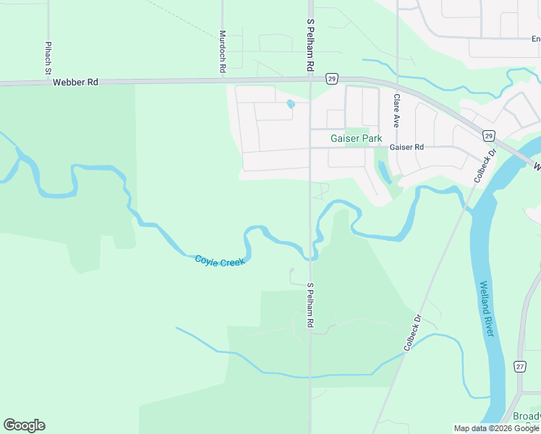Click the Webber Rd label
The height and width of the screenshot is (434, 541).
pyautogui.click(x=74, y=82)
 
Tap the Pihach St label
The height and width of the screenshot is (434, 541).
pyautogui.click(x=48, y=58)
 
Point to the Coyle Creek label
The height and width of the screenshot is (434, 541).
pyautogui.click(x=220, y=260)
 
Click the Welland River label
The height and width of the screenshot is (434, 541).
pyautogui.click(x=486, y=308)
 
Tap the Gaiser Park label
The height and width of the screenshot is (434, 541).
pyautogui.click(x=356, y=137)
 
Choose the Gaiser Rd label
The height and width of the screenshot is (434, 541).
pyautogui.click(x=406, y=147)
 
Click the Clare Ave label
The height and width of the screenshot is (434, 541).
pyautogui.click(x=396, y=111)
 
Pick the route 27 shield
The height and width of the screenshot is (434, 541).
pyautogui.click(x=519, y=367)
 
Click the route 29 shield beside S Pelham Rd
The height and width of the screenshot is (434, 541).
pyautogui.click(x=331, y=78)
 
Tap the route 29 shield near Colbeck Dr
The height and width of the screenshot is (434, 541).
pyautogui.click(x=488, y=136)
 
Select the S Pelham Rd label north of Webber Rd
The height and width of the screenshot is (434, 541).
pyautogui.click(x=310, y=44)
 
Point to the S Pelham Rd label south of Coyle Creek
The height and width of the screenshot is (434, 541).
pyautogui.click(x=310, y=306)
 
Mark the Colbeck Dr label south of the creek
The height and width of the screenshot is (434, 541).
pyautogui.click(x=413, y=333)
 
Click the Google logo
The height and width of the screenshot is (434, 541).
pyautogui.click(x=24, y=425)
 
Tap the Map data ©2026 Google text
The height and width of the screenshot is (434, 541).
pyautogui.click(x=496, y=428)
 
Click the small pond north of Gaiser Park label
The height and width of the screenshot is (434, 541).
pyautogui.click(x=291, y=104)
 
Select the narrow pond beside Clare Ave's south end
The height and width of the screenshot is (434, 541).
pyautogui.click(x=383, y=172)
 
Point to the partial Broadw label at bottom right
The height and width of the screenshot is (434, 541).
pyautogui.click(x=527, y=417)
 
